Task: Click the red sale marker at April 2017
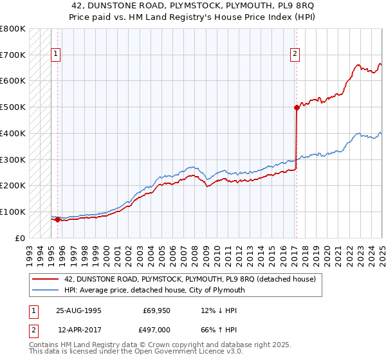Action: (x=297, y=107)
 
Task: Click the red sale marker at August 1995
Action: (x=57, y=219)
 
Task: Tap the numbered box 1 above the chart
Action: (x=57, y=55)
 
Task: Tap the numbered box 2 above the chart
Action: (x=295, y=55)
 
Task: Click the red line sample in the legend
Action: (x=44, y=279)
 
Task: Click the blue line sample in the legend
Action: (x=44, y=290)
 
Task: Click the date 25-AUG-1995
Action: (x=79, y=310)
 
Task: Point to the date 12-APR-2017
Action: (x=79, y=329)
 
